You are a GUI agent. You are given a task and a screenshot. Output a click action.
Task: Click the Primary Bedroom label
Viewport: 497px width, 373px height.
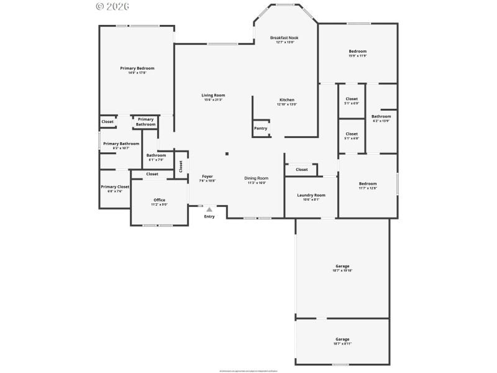(x=137, y=68)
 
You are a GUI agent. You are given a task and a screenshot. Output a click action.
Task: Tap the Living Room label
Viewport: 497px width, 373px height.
(x=213, y=95)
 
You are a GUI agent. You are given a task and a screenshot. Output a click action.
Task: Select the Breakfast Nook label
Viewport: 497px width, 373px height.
(x=285, y=38)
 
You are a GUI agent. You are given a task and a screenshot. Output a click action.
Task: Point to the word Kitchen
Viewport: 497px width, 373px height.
(x=286, y=99)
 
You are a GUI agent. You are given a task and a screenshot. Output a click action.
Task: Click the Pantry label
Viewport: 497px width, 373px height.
(x=261, y=128)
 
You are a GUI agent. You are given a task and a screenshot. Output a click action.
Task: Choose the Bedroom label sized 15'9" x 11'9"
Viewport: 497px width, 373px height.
(x=357, y=51)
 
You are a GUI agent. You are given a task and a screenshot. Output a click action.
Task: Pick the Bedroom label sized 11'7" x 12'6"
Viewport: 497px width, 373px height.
(x=367, y=183)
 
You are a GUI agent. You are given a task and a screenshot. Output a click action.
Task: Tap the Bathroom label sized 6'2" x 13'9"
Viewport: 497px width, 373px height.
(x=381, y=116)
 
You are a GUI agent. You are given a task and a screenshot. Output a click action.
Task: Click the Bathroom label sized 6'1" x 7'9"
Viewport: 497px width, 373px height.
(x=156, y=155)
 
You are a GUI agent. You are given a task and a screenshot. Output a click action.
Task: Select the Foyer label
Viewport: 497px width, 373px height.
(x=207, y=177)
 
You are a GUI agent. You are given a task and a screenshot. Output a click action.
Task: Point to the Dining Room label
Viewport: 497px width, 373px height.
(x=255, y=178)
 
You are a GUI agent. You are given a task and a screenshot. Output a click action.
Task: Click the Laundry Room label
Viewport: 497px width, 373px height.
(x=311, y=195)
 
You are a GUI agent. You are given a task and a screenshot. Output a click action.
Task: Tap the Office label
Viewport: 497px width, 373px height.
(x=159, y=200)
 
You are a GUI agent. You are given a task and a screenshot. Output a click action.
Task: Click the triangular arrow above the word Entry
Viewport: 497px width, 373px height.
(x=209, y=210)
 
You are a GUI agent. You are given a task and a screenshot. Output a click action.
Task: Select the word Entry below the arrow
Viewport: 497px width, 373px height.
(x=209, y=216)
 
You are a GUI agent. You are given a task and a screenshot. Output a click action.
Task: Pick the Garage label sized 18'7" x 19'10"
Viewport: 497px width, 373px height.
(x=342, y=266)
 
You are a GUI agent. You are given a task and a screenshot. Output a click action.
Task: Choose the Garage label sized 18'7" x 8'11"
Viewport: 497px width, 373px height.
(x=342, y=339)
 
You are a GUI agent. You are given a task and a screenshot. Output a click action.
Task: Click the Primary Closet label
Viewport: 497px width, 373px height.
(x=115, y=186)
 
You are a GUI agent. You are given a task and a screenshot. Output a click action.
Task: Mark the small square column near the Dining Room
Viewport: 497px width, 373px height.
(x=227, y=154)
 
